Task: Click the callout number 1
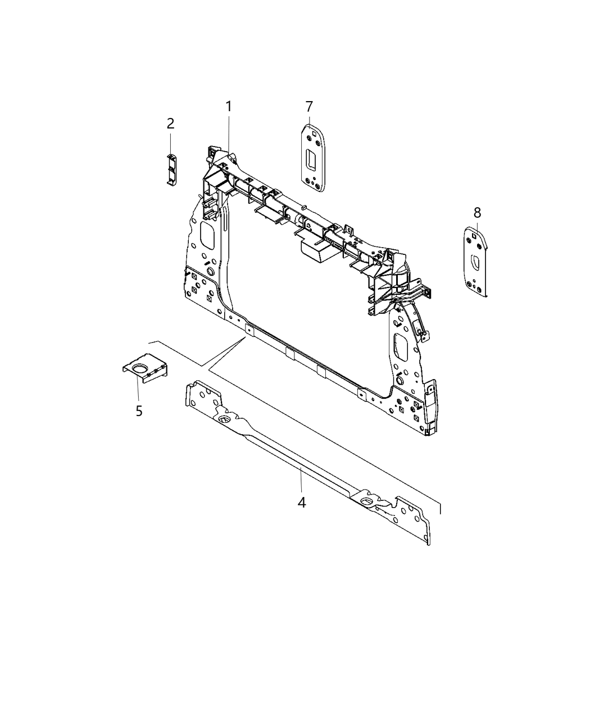[229, 106]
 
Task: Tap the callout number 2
[170, 124]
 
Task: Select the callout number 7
[309, 106]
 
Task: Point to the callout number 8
[477, 212]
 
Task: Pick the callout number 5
[139, 411]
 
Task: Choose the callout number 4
[302, 502]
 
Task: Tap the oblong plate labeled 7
[312, 158]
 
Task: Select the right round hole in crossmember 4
[366, 501]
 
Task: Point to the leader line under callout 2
[170, 142]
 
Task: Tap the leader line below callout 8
[477, 225]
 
